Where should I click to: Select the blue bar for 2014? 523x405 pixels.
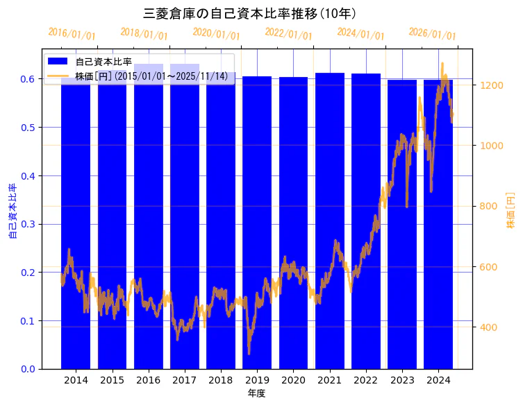[76, 222]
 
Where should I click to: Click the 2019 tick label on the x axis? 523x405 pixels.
[257, 380]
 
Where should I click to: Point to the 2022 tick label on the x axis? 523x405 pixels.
[366, 380]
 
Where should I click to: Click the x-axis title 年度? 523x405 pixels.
[257, 393]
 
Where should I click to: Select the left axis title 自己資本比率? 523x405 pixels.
[13, 211]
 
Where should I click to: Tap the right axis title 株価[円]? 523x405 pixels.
[510, 211]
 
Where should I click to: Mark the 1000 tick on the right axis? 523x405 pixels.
[490, 146]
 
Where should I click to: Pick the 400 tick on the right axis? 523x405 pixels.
[487, 327]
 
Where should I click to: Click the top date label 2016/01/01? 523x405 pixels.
[72, 35]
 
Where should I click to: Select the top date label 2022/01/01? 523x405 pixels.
[288, 34]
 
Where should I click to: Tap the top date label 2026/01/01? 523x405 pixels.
[432, 34]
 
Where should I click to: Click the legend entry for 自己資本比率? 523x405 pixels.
[103, 62]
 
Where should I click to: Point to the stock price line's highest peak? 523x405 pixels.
[442, 64]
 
